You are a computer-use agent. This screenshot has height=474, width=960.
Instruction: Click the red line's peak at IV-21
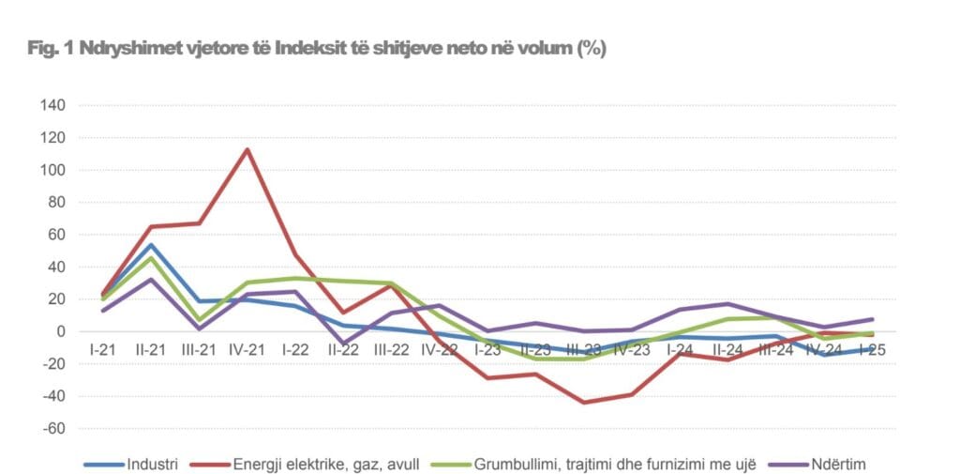pyautogui.click(x=247, y=149)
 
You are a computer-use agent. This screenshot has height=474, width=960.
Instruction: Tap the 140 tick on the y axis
pyautogui.click(x=52, y=105)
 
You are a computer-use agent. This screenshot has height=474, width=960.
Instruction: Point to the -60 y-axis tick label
pyautogui.click(x=52, y=429)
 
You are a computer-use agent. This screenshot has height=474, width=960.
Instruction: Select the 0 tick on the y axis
pyautogui.click(x=60, y=331)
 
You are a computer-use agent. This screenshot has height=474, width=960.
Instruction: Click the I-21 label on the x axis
pyautogui.click(x=102, y=349)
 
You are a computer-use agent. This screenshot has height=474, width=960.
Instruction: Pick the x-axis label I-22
pyautogui.click(x=294, y=349)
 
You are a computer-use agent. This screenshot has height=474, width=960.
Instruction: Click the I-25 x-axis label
pyautogui.click(x=872, y=349)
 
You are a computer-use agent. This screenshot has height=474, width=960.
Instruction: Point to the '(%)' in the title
pyautogui.click(x=592, y=50)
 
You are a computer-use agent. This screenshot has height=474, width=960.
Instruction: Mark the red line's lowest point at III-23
pyautogui.click(x=583, y=403)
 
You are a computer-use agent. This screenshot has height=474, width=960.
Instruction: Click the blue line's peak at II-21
pyautogui.click(x=150, y=245)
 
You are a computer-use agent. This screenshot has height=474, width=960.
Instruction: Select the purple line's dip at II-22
pyautogui.click(x=343, y=344)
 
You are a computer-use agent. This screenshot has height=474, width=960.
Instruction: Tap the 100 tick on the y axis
pyautogui.click(x=52, y=170)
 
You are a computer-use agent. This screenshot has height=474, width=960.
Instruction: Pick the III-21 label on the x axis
pyautogui.click(x=198, y=349)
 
